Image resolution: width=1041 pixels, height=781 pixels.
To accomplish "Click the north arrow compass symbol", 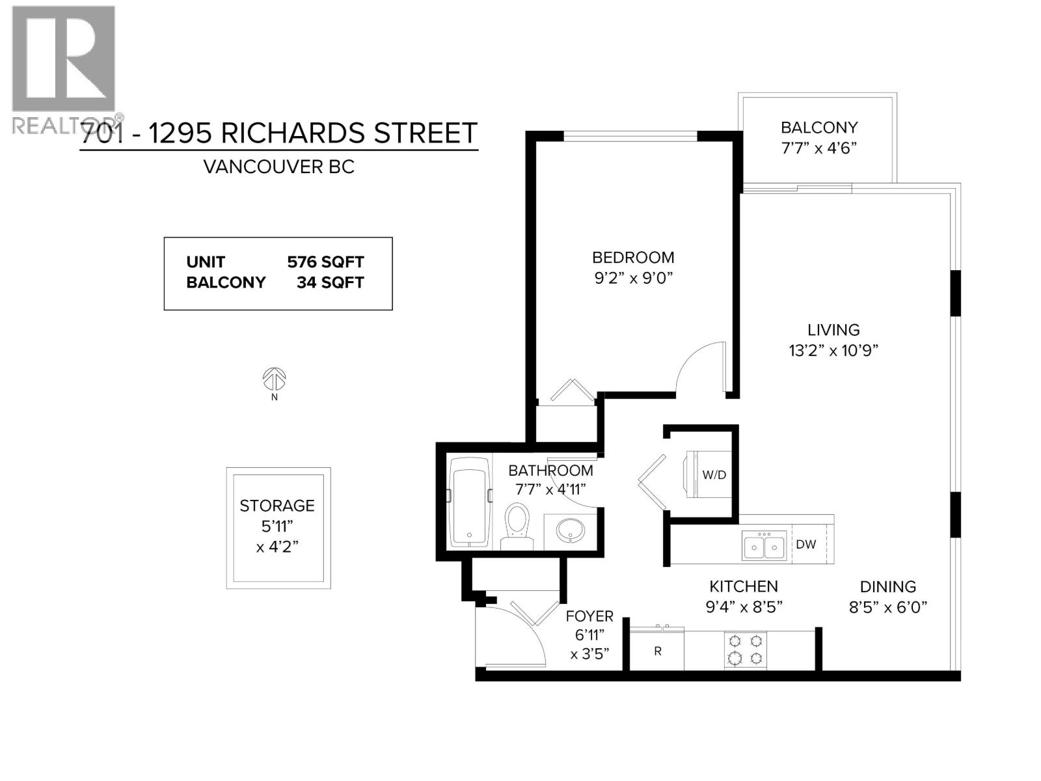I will [x=275, y=378].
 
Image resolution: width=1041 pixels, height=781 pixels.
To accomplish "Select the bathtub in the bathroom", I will [x=469, y=501].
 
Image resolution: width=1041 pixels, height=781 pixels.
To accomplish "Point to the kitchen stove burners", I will [x=745, y=649].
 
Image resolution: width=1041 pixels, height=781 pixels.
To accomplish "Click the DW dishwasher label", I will [x=805, y=544].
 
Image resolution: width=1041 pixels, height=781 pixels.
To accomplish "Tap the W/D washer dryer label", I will [x=714, y=474].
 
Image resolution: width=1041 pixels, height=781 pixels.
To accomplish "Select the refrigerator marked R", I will [x=657, y=651].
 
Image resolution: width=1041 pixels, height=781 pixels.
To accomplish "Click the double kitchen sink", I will [x=764, y=546].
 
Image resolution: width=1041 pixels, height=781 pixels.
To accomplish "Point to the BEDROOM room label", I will [x=632, y=257].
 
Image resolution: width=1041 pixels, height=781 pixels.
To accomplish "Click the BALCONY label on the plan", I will [x=819, y=128].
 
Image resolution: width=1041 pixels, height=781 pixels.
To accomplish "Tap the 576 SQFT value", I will [x=325, y=262].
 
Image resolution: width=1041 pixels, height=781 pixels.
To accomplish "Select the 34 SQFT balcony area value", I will [x=330, y=282].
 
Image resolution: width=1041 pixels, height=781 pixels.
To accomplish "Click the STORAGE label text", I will [x=277, y=506].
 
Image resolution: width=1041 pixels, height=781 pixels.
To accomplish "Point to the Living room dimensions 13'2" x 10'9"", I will [x=833, y=350].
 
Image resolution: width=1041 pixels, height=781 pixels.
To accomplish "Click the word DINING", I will [x=887, y=586].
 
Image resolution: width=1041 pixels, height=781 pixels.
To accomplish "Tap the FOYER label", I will [x=589, y=616].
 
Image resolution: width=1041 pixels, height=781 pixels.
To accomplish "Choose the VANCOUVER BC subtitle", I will [x=278, y=167].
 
